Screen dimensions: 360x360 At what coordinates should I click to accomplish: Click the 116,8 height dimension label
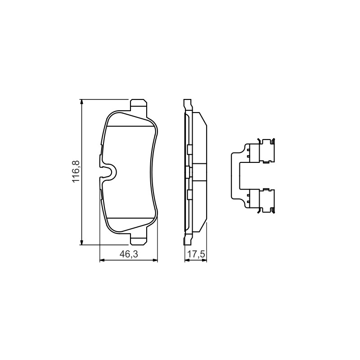click(76, 171)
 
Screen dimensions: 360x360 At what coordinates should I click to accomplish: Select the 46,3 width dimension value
click(129, 254)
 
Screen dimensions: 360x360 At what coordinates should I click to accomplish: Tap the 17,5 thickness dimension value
click(196, 254)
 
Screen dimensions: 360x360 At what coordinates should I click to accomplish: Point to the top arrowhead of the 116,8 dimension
click(81, 102)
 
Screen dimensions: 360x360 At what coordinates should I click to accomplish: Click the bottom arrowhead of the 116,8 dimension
click(81, 243)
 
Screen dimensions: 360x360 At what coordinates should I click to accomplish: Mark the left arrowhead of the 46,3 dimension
click(103, 260)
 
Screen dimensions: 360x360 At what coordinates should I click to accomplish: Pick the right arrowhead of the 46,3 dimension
click(155, 260)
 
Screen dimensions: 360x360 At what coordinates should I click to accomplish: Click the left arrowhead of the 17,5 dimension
click(187, 260)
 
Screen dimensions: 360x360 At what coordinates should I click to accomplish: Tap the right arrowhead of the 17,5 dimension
click(204, 260)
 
